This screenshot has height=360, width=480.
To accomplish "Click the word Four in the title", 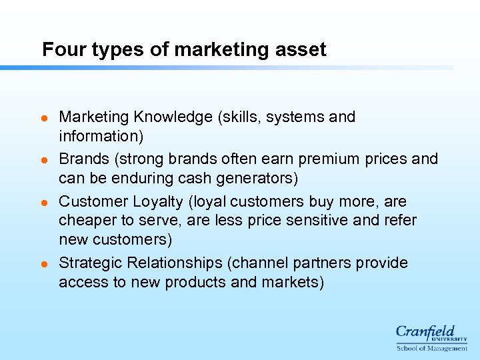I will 59,49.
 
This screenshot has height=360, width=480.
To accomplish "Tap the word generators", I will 255,178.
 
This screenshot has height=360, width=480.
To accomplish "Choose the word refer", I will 399,221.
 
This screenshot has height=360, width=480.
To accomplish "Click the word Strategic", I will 87,263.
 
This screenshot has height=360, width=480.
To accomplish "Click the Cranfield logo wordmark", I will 426,331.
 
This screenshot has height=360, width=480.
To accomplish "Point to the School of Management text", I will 431,348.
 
